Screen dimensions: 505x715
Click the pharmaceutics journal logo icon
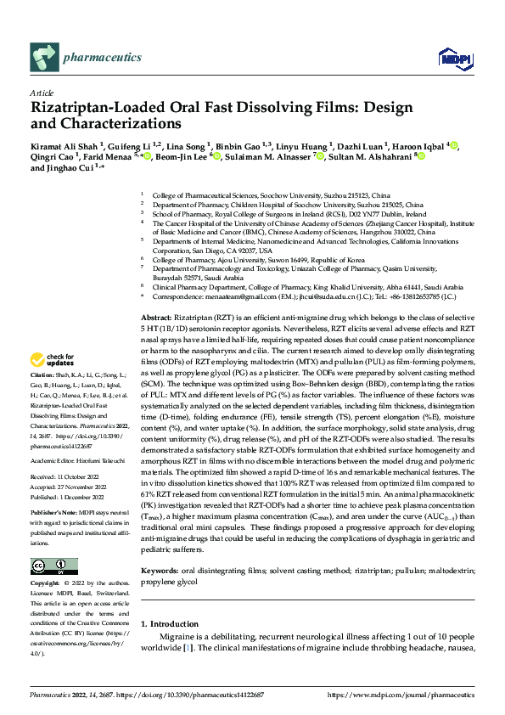point(44,57)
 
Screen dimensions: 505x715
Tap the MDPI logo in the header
point(451,57)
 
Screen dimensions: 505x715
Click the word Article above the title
point(42,93)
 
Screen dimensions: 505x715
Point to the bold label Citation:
point(42,397)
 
